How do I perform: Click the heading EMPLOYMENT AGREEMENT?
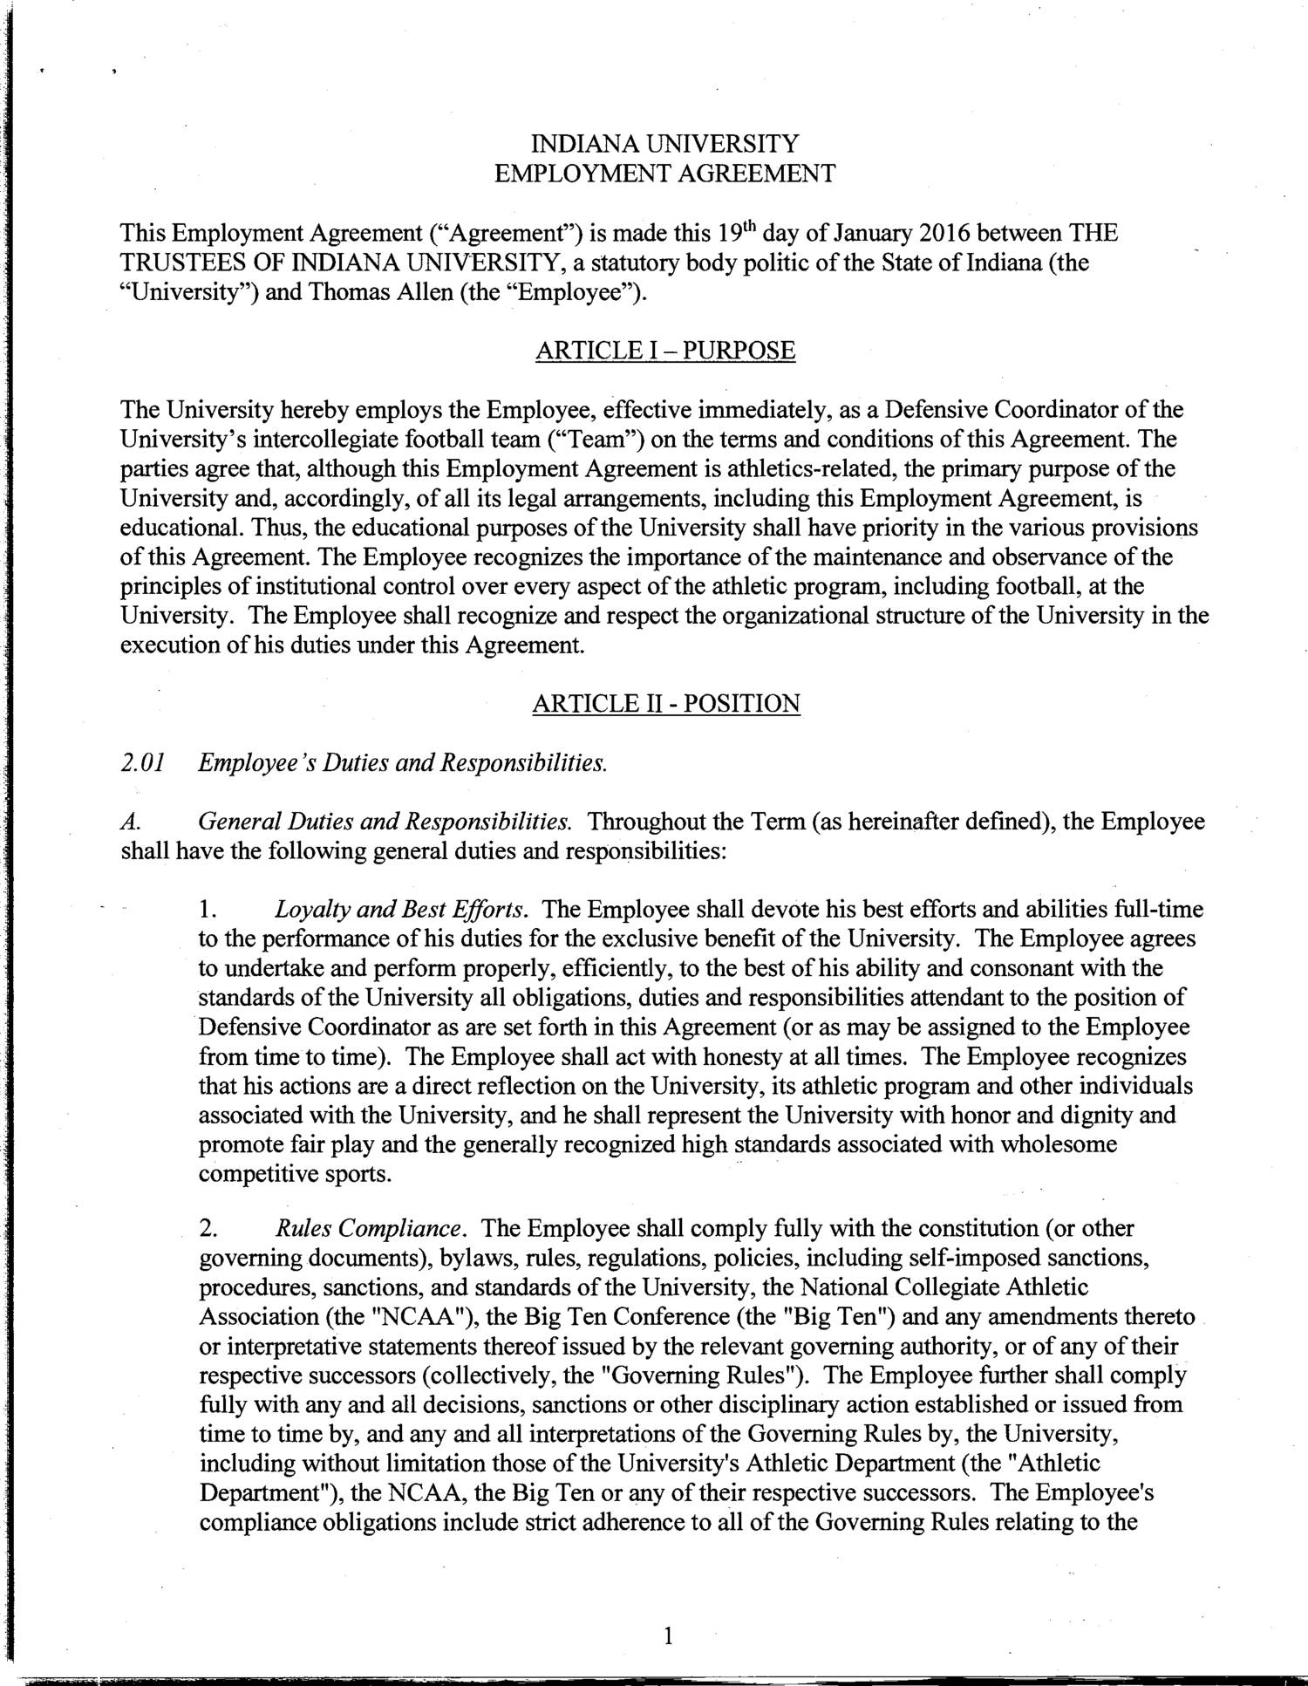(x=664, y=173)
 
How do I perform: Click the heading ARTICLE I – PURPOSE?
(x=664, y=351)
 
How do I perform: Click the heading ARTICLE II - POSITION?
(x=665, y=703)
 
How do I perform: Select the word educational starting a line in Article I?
(x=177, y=528)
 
